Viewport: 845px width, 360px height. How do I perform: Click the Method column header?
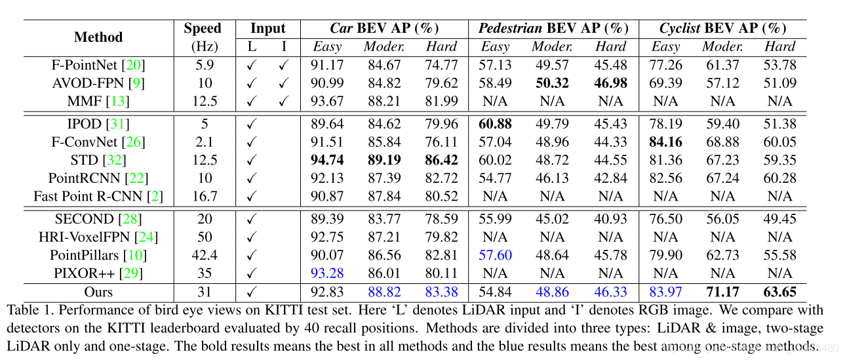(98, 37)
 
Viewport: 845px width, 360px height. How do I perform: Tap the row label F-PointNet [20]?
(98, 66)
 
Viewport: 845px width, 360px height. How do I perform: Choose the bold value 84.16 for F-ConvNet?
(665, 142)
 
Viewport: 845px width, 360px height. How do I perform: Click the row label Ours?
(98, 292)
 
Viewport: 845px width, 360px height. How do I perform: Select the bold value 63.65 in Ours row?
(779, 292)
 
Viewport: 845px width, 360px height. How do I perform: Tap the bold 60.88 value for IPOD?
(495, 125)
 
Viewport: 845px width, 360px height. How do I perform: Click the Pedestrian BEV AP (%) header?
(553, 29)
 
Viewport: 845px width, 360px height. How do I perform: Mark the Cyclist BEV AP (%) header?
(722, 29)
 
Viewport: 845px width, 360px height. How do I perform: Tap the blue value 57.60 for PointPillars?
(495, 256)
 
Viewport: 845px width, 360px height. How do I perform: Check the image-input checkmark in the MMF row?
(284, 101)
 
